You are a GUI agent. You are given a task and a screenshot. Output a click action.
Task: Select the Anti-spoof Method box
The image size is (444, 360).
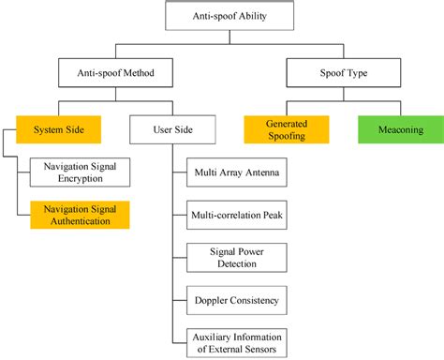[x=117, y=70]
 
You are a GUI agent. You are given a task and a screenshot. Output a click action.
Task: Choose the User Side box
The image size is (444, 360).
[x=171, y=129]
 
